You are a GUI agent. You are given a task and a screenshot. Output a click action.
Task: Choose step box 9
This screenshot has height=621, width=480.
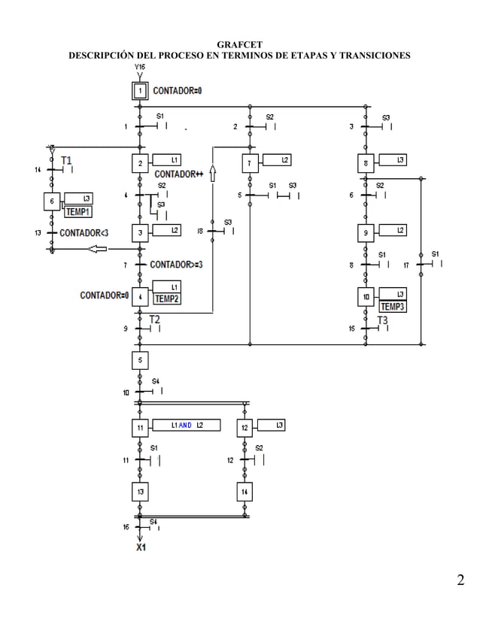tap(366, 233)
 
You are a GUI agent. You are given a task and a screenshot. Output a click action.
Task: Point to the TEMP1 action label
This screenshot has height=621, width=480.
tap(77, 211)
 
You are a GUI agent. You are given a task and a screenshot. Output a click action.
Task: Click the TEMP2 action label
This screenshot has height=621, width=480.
tap(166, 298)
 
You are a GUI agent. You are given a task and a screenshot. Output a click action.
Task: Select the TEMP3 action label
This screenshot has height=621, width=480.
tap(393, 306)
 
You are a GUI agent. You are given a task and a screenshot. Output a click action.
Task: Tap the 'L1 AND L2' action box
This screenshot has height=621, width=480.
tap(186, 426)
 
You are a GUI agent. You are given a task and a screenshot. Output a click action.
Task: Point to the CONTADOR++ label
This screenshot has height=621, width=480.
tap(179, 174)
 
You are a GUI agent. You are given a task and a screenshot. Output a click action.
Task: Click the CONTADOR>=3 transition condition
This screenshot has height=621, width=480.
tap(176, 265)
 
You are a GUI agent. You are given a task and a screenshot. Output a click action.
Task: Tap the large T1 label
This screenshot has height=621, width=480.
tap(67, 160)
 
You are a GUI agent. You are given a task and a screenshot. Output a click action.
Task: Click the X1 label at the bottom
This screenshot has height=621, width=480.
tap(141, 547)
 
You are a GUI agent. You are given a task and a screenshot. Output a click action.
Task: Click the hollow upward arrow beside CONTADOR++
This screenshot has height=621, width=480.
tap(213, 174)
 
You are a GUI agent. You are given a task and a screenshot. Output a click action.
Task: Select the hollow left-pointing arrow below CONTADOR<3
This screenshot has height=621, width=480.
tap(97, 250)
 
